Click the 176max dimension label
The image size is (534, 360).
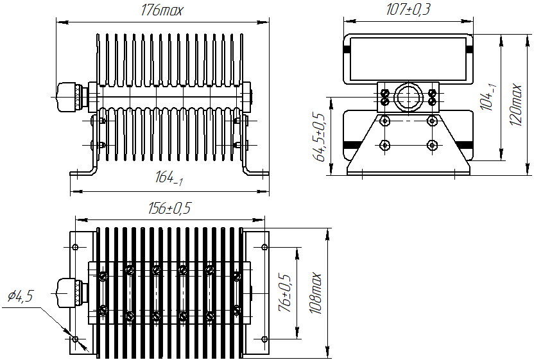pos(161,11)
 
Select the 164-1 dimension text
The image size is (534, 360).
pos(169,179)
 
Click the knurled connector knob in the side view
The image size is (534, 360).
pos(69,97)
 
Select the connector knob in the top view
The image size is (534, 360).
pos(69,293)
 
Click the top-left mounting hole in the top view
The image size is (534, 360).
pos(76,247)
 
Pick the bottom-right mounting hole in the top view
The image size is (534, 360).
pos(264,338)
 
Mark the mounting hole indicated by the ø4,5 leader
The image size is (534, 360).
pos(76,338)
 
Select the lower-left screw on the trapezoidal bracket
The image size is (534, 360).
pos(384,144)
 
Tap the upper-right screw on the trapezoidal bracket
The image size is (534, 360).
pos(432,121)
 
